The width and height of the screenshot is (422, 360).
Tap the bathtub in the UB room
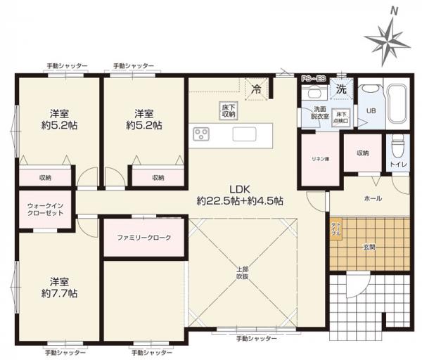(x=395, y=104)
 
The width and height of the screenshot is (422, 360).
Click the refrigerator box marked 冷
(x=257, y=89)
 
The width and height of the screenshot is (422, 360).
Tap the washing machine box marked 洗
(x=340, y=89)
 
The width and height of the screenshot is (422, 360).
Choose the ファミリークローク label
(x=143, y=238)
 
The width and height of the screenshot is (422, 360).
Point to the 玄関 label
(x=369, y=246)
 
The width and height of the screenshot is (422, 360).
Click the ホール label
(x=372, y=199)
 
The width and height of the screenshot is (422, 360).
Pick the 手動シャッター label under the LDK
(x=256, y=339)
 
